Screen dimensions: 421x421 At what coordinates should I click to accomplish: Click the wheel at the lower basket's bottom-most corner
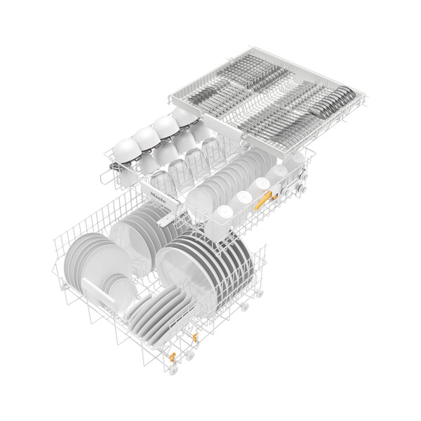pos(189,356)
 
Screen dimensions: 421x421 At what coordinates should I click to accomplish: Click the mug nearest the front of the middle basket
pos(222,213)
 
